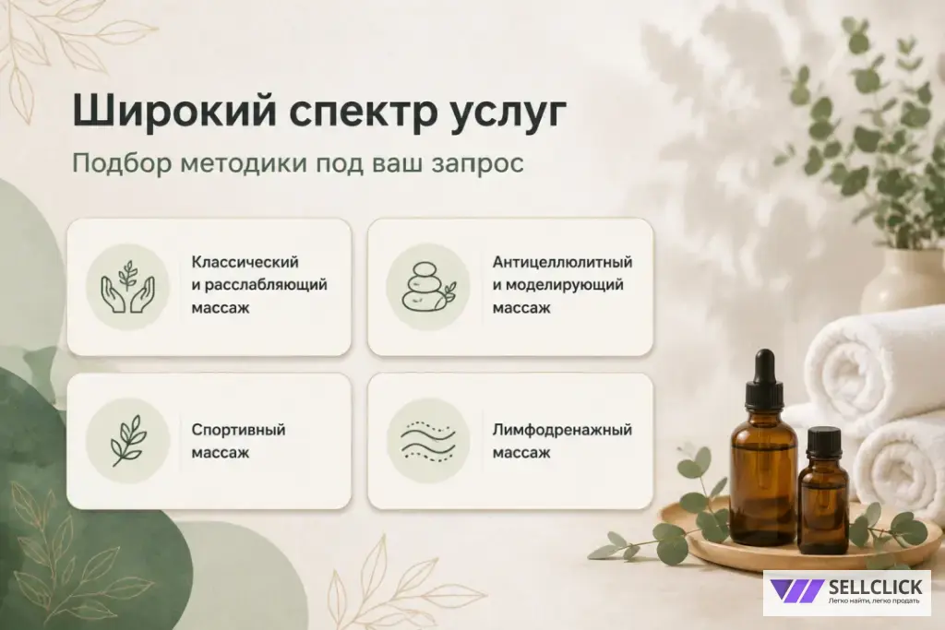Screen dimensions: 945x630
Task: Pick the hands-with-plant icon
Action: [127, 287]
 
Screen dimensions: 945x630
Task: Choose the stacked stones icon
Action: [428, 287]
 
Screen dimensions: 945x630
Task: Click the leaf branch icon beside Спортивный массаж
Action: [127, 440]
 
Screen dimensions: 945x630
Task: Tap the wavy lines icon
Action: [428, 441]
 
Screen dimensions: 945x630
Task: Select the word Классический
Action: [245, 262]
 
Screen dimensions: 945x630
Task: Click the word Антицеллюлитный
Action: [562, 263]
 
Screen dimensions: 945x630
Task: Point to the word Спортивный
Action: [238, 430]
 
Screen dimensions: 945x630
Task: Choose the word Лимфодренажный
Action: [562, 430]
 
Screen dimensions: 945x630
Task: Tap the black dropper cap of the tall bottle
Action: [764, 378]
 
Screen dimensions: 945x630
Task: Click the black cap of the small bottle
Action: [823, 443]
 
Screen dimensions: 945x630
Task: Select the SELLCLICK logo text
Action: [875, 588]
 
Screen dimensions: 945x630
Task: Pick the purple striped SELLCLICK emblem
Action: [796, 591]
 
